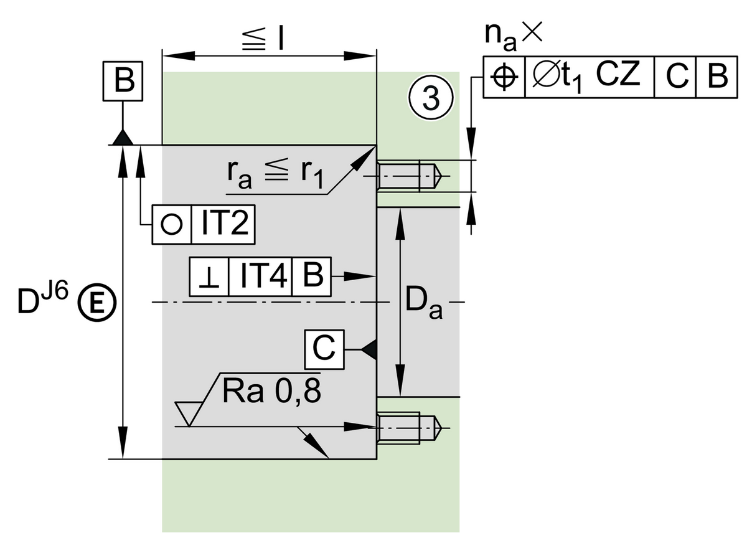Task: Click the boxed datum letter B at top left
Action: pyautogui.click(x=123, y=82)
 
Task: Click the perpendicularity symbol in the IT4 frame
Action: pyautogui.click(x=209, y=275)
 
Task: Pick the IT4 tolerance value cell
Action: pyautogui.click(x=260, y=275)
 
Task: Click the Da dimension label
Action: pyautogui.click(x=423, y=303)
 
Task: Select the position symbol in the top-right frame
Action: pyautogui.click(x=504, y=77)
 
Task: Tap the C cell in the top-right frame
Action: pyautogui.click(x=675, y=77)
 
